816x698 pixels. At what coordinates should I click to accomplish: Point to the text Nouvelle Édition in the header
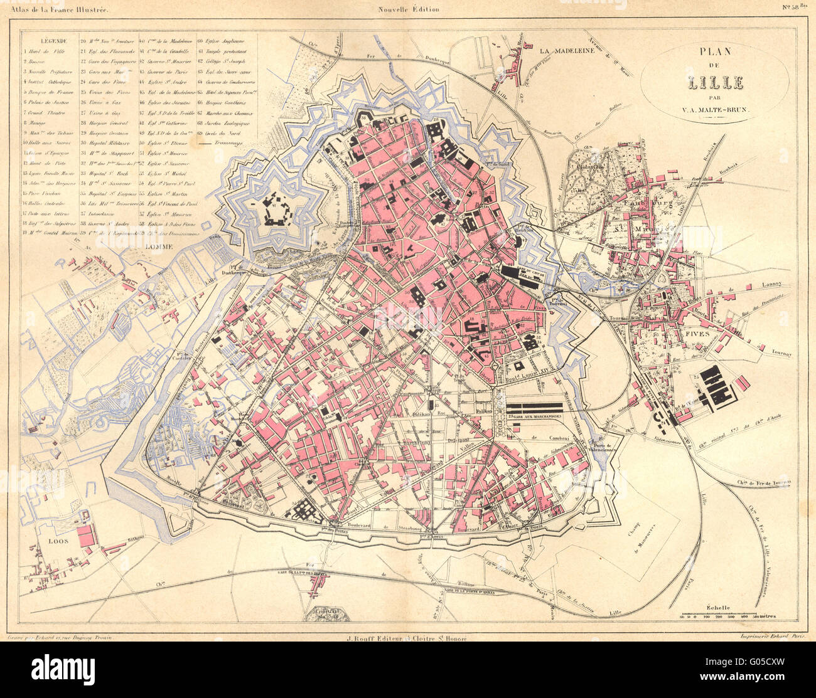[408, 9]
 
